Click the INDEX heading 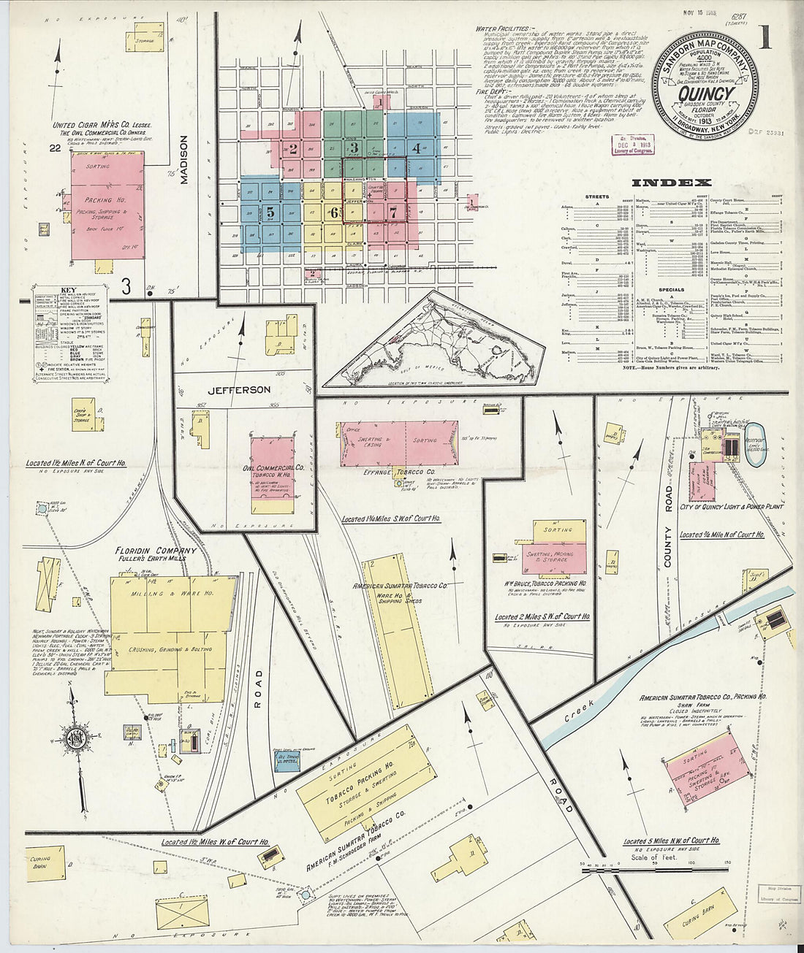(x=671, y=183)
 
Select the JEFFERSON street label (x=239, y=390)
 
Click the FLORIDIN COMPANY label (x=156, y=551)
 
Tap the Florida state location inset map (x=436, y=340)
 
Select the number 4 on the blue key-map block (x=416, y=148)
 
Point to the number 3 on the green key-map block (x=354, y=148)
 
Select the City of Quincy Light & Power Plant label (x=722, y=507)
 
